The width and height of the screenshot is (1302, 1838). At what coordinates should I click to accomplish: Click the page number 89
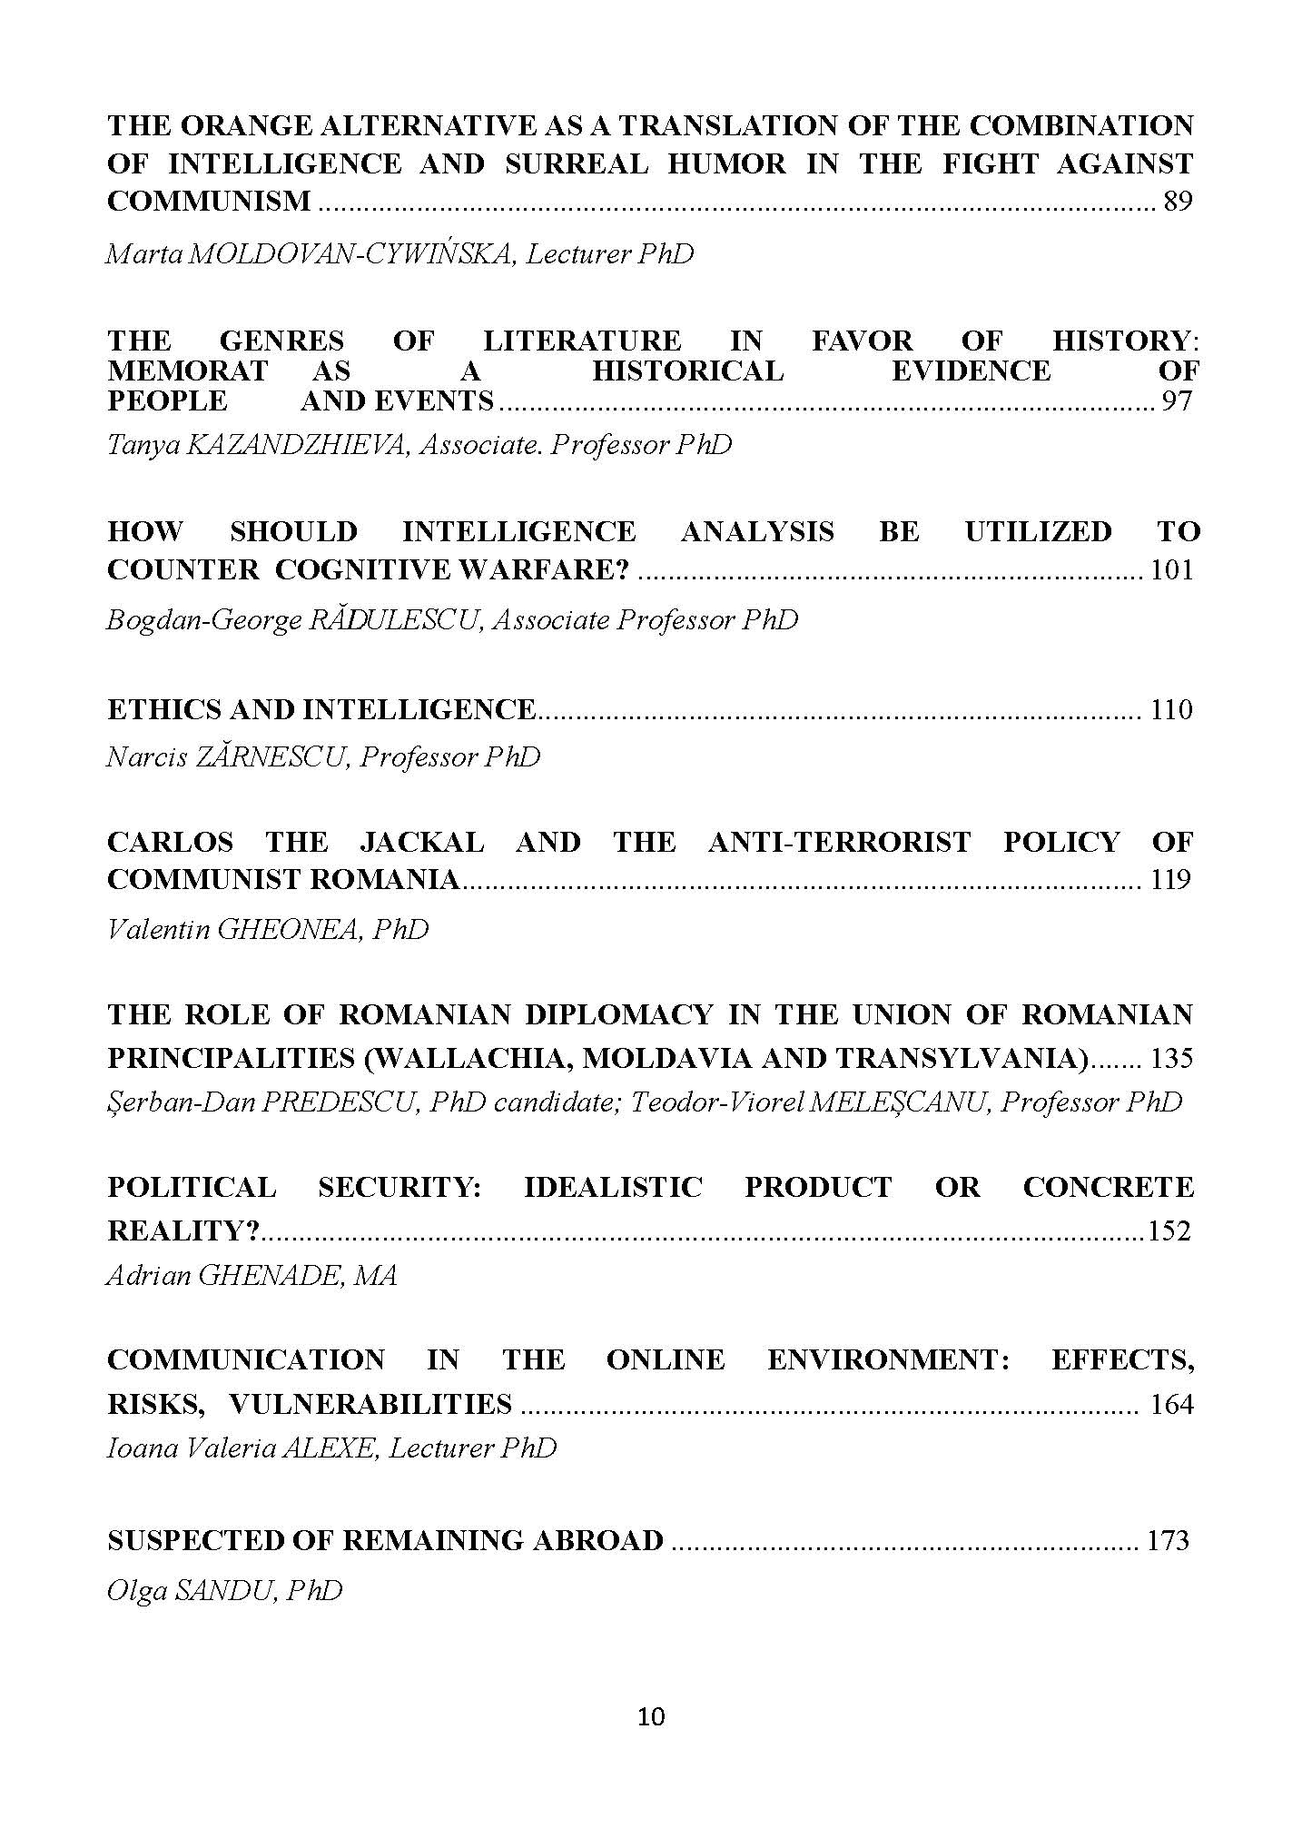[x=1177, y=202]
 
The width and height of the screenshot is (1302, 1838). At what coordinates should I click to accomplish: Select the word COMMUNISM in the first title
[x=209, y=202]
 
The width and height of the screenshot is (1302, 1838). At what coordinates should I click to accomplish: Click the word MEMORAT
[x=187, y=371]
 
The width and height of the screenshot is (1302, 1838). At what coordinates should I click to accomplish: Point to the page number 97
[x=1176, y=400]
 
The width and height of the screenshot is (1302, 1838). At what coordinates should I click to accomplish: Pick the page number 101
[x=1171, y=570]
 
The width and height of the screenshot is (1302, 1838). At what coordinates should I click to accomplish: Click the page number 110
[x=1171, y=709]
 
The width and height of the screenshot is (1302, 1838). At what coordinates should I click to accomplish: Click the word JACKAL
[x=421, y=842]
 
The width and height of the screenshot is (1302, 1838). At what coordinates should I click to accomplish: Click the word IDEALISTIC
[x=613, y=1187]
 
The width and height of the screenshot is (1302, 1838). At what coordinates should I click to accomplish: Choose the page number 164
[x=1171, y=1405]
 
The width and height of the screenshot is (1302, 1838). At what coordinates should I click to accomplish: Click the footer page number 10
[x=651, y=1716]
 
